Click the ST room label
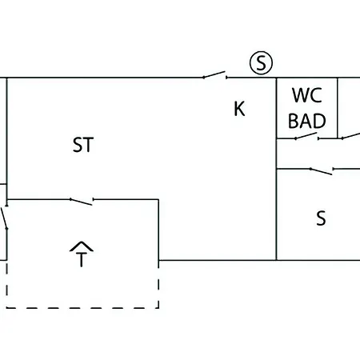click(83, 145)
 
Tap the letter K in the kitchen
click(239, 109)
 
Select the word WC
click(307, 95)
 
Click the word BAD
click(307, 121)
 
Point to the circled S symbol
click(261, 63)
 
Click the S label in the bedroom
click(321, 218)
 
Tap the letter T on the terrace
click(82, 259)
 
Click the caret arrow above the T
click(82, 246)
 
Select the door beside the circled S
click(215, 75)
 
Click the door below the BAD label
click(307, 136)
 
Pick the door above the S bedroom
click(322, 171)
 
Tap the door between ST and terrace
click(82, 202)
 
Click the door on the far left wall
click(5, 218)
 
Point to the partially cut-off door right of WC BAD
click(351, 136)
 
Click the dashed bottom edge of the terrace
click(82, 308)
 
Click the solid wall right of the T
click(158, 230)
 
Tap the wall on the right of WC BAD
click(338, 108)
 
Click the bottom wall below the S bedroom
click(318, 260)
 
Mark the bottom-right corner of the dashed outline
click(158, 308)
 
